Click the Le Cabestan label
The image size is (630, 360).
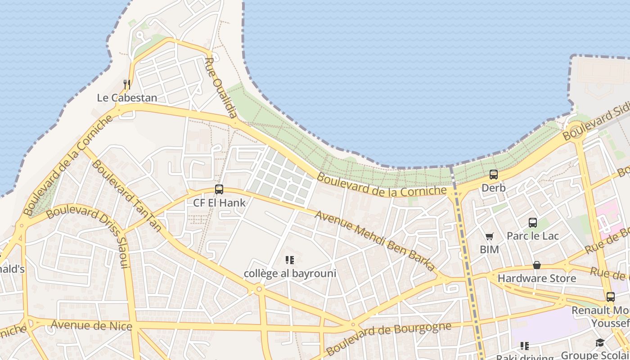(x=127, y=98)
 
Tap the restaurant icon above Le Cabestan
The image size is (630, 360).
(x=127, y=84)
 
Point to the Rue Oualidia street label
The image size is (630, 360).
(x=221, y=88)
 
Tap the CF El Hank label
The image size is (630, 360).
(x=220, y=202)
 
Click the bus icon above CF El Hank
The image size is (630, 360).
(x=219, y=189)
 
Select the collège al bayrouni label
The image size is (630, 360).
(x=290, y=273)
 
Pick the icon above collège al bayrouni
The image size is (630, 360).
(x=290, y=260)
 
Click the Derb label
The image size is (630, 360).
(x=494, y=188)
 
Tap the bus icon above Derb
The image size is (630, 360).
(x=494, y=175)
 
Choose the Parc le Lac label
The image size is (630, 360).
(x=533, y=236)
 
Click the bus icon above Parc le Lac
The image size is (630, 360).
(x=533, y=222)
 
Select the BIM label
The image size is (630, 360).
(x=489, y=249)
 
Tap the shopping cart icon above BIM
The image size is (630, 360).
(x=490, y=236)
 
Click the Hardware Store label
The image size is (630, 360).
(x=536, y=279)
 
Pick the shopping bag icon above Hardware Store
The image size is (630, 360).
(x=537, y=265)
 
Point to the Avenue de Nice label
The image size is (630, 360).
(x=91, y=325)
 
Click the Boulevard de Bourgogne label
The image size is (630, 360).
(x=388, y=338)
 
